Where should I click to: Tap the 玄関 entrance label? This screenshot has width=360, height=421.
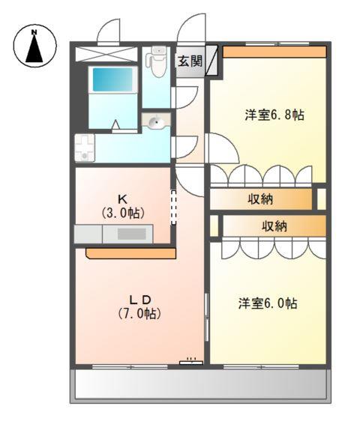coord(190,61)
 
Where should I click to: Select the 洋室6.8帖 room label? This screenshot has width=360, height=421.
coord(273,115)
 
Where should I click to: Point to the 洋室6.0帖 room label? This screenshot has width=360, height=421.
coord(268,303)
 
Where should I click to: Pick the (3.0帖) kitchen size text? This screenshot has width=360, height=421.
coord(121,212)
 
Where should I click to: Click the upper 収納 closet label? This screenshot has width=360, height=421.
coord(260,199)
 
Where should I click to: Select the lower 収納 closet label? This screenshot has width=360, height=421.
coord(274,225)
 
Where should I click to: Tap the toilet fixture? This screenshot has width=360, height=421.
coord(157,63)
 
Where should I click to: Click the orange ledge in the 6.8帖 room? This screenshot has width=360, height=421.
coord(274,52)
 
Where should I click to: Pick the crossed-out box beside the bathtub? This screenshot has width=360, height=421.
coord(109,53)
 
